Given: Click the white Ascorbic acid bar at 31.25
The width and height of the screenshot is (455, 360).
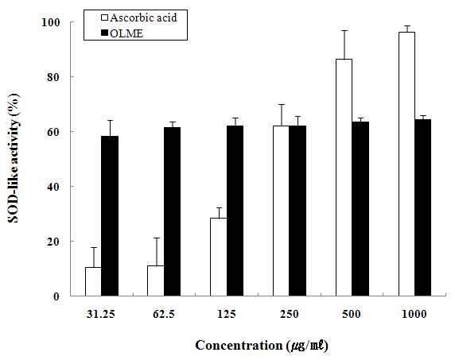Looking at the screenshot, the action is (x=93, y=281).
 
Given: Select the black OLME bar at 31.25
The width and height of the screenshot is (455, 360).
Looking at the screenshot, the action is (x=110, y=216).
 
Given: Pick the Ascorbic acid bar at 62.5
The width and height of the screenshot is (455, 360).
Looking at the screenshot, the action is (x=156, y=281).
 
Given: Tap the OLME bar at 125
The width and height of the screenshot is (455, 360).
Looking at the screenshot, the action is (x=235, y=211).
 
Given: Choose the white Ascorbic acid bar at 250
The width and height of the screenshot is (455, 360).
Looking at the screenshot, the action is (x=281, y=211).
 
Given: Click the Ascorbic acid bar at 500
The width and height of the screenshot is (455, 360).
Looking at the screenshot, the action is (x=344, y=177).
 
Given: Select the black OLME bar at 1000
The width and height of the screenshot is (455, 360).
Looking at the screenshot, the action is (x=423, y=207).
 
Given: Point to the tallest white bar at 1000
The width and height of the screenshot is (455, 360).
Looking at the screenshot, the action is (x=406, y=164).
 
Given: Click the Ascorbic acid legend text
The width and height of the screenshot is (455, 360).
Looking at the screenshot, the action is (x=143, y=18).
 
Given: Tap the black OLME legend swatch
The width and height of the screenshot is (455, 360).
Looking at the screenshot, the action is (x=105, y=33).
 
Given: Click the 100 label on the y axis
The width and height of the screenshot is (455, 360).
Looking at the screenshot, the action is (x=51, y=22).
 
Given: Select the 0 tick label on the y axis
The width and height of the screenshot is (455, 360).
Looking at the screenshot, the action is (x=58, y=296).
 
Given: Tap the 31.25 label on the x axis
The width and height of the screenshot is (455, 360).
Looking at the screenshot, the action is (x=101, y=314).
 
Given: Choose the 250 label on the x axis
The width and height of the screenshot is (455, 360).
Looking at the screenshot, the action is (x=289, y=314).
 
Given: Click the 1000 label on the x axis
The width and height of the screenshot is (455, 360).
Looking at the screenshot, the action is (x=414, y=314).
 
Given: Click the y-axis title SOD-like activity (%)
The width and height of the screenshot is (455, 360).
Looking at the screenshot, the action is (x=14, y=158).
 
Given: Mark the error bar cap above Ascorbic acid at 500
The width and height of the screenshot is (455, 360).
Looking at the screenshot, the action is (x=344, y=30).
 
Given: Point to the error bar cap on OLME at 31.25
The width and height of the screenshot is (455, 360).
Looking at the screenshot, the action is (x=110, y=120).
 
